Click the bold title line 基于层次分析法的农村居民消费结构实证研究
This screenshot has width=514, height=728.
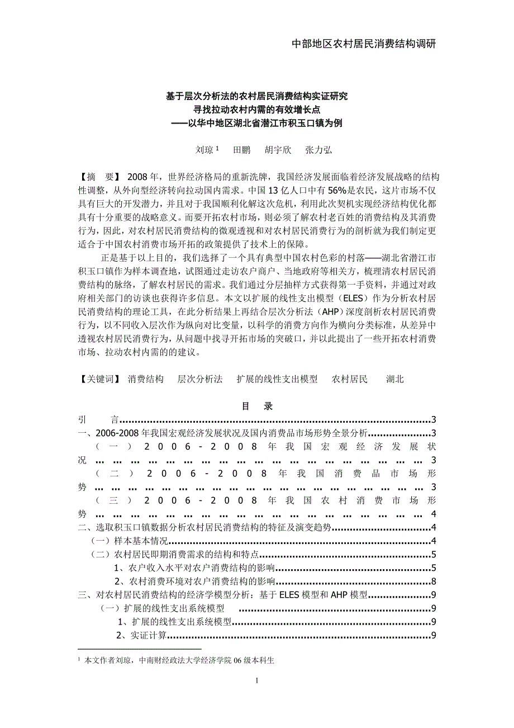coord(256,96)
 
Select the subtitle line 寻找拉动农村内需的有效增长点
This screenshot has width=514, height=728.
coord(256,110)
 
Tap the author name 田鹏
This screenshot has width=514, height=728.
coord(241,150)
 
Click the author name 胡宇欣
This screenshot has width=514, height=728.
coord(278,150)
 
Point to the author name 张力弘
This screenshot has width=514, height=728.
coord(318,150)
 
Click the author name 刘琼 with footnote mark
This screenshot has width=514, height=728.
coord(206,150)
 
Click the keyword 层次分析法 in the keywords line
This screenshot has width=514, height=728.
coord(200,379)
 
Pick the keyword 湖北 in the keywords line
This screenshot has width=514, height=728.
coord(394,379)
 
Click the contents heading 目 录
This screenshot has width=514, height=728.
coord(257,406)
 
